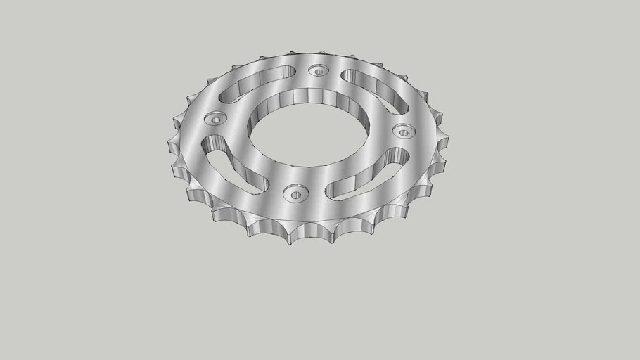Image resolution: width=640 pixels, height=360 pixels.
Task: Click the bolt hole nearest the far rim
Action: [319, 71]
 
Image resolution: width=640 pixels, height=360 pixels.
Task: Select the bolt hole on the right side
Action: [403, 131]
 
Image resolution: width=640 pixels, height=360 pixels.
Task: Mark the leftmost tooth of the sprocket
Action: [171, 146]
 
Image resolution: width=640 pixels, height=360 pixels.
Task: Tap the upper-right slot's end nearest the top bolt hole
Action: [347, 75]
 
